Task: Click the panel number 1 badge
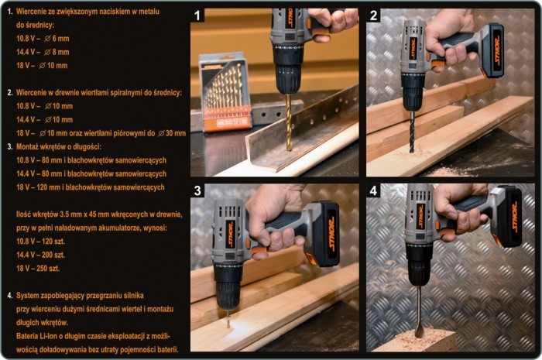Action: (197, 15)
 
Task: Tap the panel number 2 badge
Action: (373, 15)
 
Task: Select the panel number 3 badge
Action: (197, 190)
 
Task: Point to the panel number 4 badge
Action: (373, 190)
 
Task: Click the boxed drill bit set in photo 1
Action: (225, 92)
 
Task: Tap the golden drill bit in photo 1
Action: (289, 122)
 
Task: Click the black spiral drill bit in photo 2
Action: (412, 132)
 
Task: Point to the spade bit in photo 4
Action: (419, 312)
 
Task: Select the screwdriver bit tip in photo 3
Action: (228, 319)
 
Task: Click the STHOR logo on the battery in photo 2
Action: (497, 52)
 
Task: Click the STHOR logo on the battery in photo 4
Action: (514, 217)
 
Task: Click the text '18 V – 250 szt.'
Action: (38, 269)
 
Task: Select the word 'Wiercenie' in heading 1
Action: (32, 12)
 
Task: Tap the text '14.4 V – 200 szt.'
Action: (40, 255)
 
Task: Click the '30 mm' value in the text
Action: (176, 133)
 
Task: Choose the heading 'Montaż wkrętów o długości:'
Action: (59, 147)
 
